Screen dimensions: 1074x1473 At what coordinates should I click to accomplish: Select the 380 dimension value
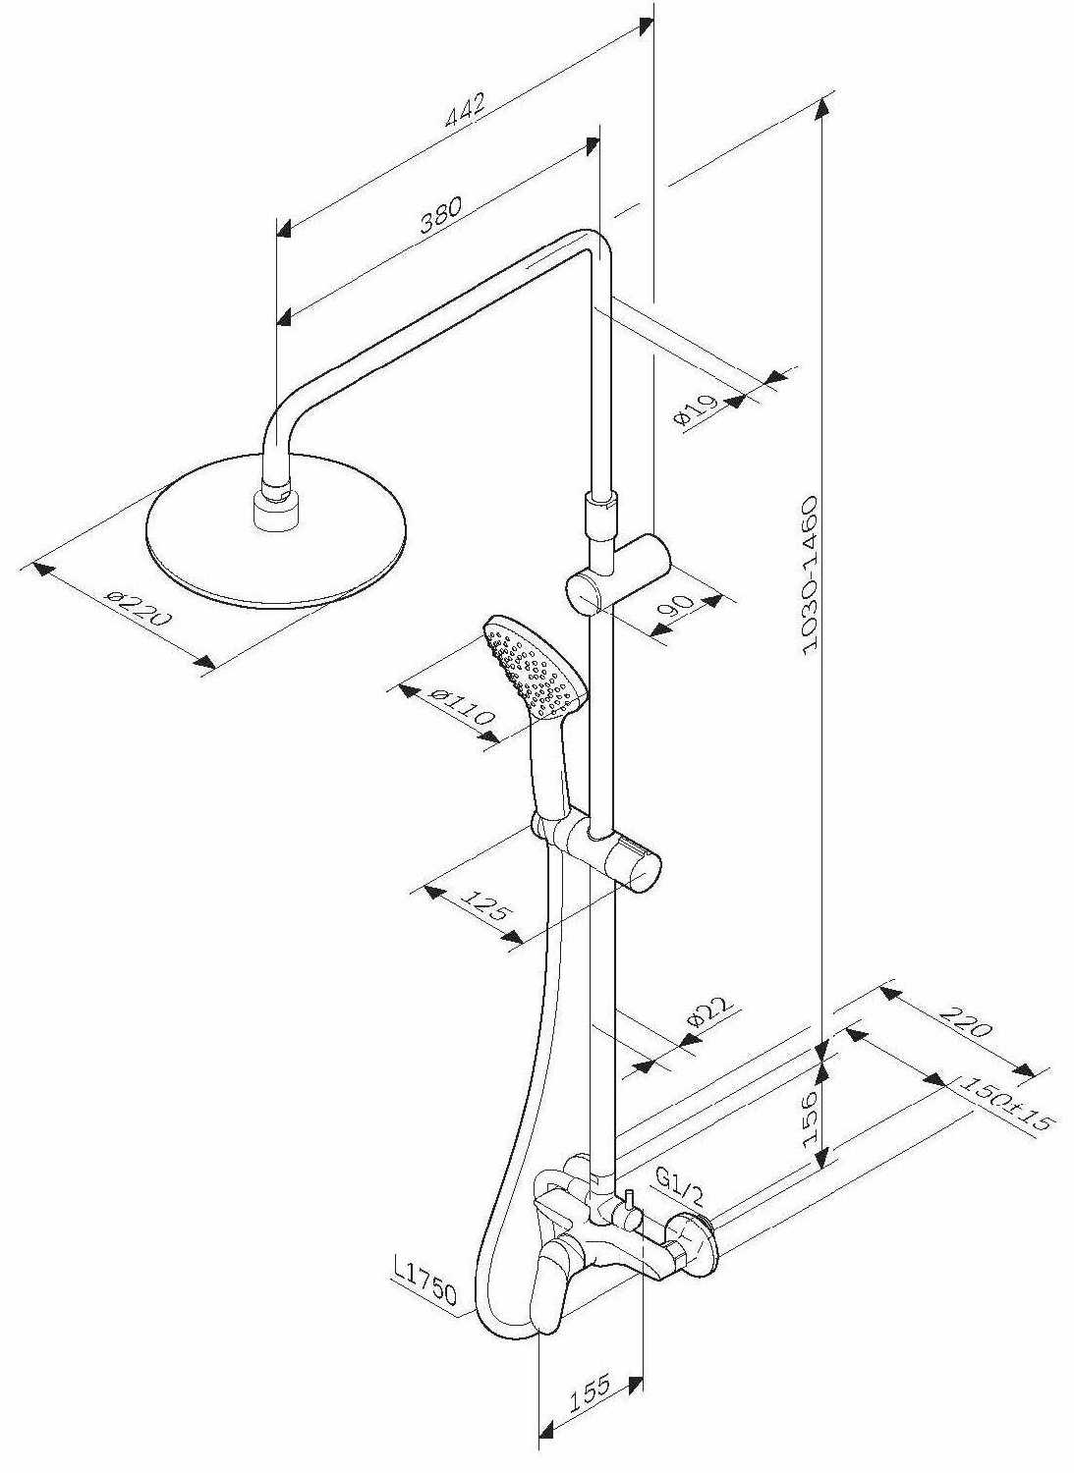[441, 214]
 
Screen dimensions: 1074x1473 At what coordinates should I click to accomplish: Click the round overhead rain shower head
[275, 530]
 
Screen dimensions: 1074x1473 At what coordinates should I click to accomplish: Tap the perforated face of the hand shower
[531, 667]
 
